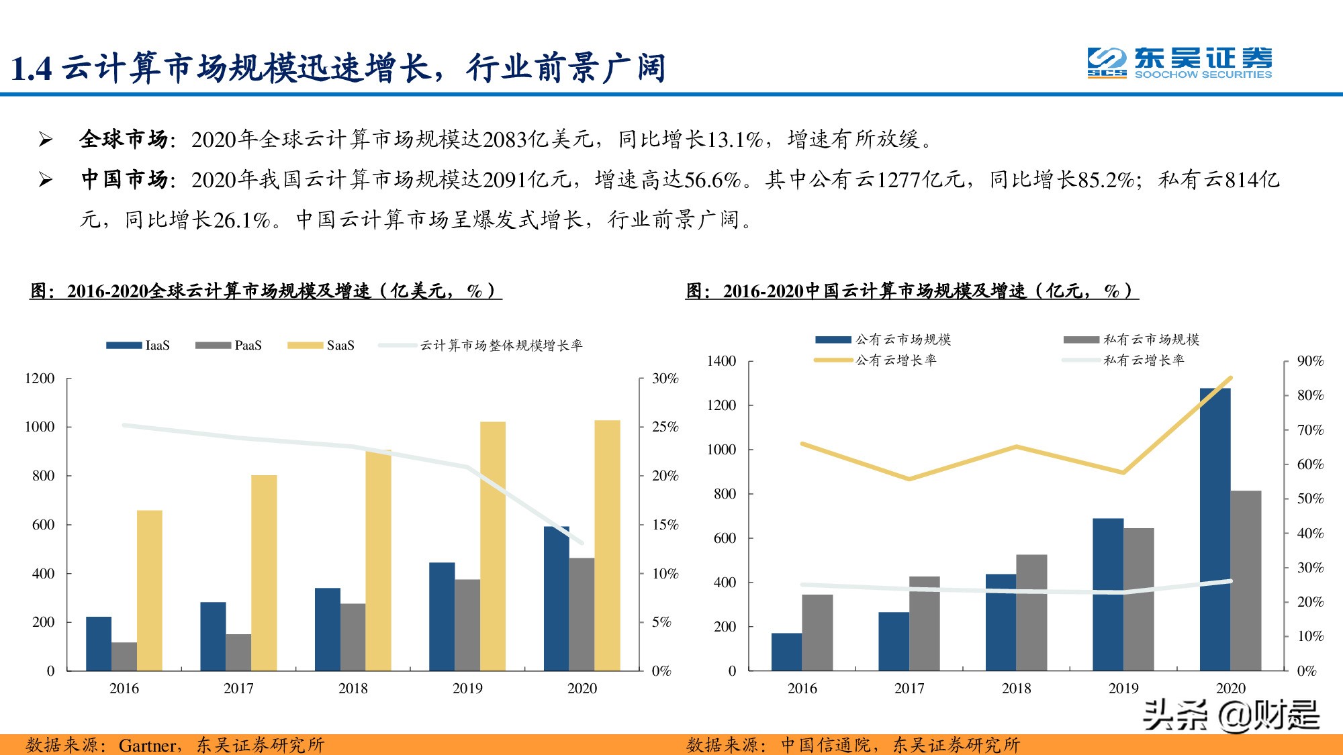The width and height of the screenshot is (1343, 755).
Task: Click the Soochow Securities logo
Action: coord(1179,63)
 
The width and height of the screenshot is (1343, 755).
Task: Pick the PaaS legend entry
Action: coord(229,345)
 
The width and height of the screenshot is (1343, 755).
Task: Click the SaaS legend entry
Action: coord(321,345)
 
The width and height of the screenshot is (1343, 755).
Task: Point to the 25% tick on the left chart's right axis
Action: coord(665,427)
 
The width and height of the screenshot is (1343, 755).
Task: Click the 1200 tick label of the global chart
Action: coord(40,379)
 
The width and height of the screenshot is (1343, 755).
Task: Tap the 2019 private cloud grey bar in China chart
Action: coord(1138,599)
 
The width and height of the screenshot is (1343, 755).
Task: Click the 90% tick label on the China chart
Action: coord(1310,361)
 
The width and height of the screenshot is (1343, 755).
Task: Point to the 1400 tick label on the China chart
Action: coord(721,361)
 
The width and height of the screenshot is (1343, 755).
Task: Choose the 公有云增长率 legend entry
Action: coord(876,360)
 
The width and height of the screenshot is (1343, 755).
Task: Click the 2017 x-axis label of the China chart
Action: coord(909,688)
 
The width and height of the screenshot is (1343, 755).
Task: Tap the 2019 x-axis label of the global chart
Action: coord(467,688)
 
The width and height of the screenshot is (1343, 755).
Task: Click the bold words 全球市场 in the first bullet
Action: coord(124,139)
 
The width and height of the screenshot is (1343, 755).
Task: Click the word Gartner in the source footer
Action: coord(147,745)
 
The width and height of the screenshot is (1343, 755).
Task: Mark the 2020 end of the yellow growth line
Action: coord(1231,378)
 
